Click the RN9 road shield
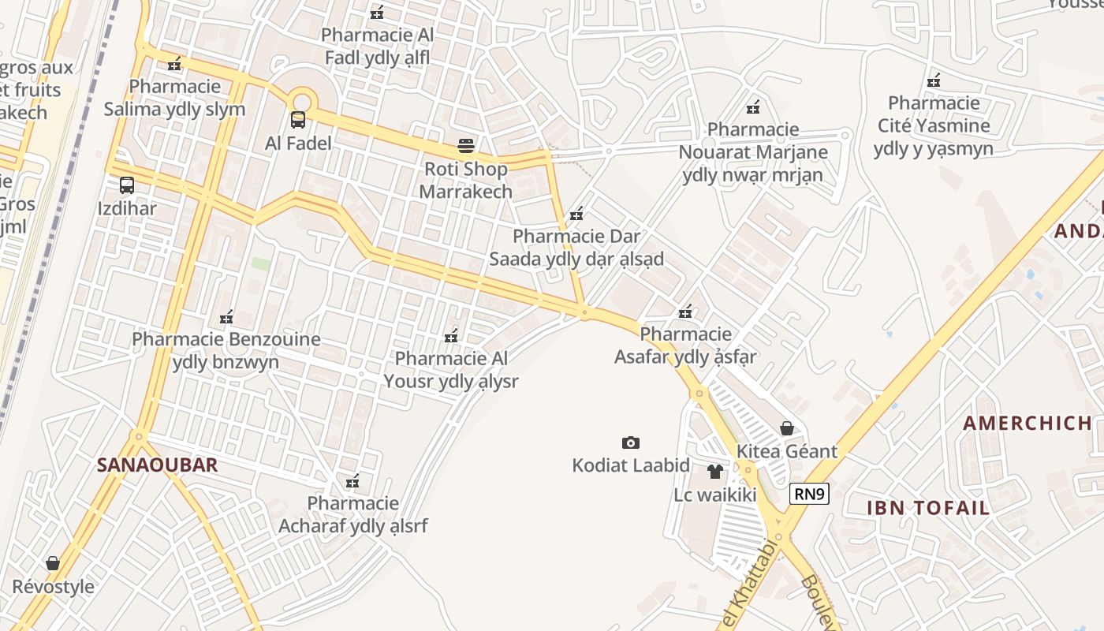tap(809, 495)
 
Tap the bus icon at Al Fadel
tap(298, 120)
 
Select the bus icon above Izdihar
tap(127, 185)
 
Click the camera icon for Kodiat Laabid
tap(631, 442)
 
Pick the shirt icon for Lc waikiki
tap(715, 472)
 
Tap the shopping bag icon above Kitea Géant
tap(787, 428)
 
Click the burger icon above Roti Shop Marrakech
tap(466, 146)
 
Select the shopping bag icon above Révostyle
tap(53, 563)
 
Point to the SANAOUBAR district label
tap(157, 465)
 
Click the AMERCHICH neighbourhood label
tap(1028, 424)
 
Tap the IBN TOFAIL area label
tap(928, 508)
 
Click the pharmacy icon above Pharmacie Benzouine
tap(226, 317)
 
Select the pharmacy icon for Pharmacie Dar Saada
tap(576, 214)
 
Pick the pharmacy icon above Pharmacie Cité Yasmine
tap(934, 80)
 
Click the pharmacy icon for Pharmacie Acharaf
tap(352, 480)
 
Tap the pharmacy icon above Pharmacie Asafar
tap(685, 312)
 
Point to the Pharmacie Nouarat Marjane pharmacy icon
tap(753, 106)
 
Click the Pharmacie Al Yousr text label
tap(451, 370)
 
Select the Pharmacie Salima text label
tap(175, 98)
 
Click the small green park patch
tap(260, 263)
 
